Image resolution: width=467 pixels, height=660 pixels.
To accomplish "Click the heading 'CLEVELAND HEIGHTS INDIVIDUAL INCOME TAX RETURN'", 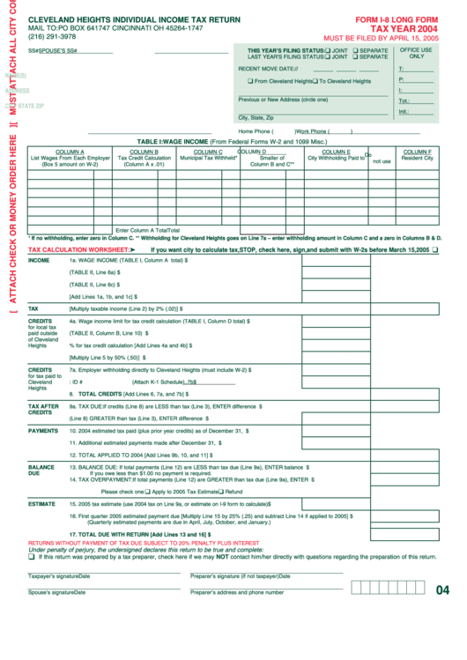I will pos(133,19).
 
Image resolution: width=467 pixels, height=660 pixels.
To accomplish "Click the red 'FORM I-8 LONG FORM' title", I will pos(396,19).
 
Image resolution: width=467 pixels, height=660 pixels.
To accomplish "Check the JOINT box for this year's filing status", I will pos(328,51).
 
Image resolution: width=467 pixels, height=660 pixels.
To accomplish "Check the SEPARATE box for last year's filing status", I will pos(356,57).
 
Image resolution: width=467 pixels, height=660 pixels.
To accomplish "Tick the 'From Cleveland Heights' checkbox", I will pos(250,81).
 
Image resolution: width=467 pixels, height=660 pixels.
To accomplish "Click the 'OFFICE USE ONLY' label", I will pos(416,53).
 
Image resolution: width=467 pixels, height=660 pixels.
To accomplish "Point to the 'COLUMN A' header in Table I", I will pos(70,152).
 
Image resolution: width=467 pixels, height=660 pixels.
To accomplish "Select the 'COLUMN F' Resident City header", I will pos(417,152).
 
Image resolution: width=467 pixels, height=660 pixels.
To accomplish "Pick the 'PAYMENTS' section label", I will pos(43,431).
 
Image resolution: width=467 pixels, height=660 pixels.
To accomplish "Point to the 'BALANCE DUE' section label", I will pos(41,470).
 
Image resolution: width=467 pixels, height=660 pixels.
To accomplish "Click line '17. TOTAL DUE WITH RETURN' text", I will pos(138,534).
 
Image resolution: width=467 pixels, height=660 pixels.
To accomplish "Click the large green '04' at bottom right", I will pos(442,590).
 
